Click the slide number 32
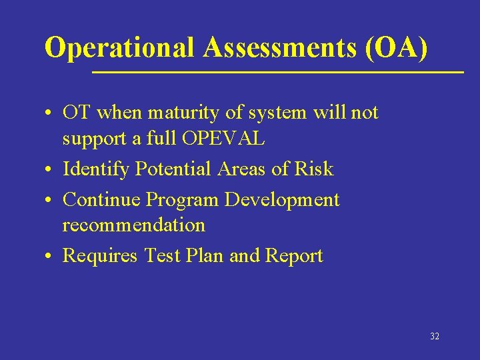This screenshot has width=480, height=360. coord(435,337)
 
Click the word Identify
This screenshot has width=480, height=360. coord(96,169)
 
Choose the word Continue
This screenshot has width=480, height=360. coord(101,199)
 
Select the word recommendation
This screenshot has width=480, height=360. coord(134,225)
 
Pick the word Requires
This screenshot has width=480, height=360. coord(100,256)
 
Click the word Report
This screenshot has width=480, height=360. coord(294,256)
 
